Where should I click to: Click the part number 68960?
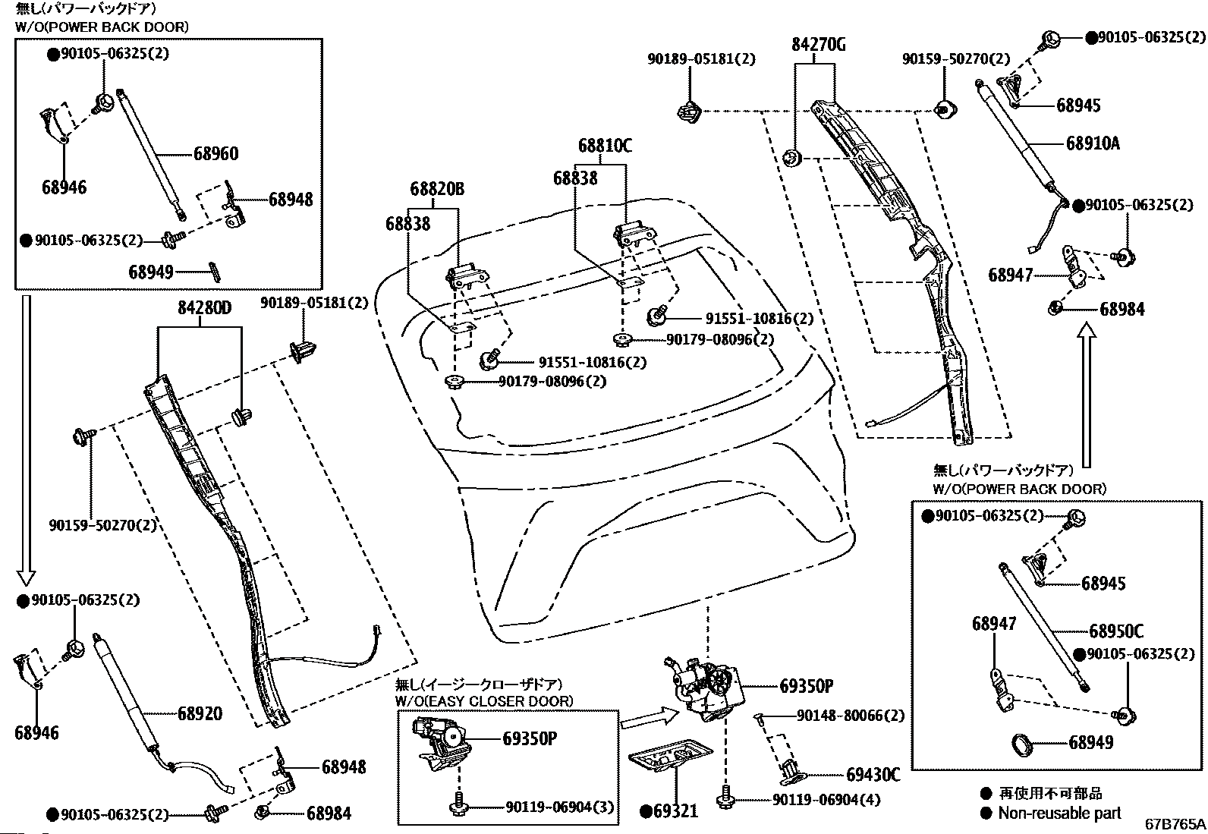pos(215,154)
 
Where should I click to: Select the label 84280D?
pos(204,308)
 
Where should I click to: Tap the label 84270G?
pos(818,44)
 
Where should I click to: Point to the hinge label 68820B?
pos(437,189)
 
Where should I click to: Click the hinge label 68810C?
pos(605,146)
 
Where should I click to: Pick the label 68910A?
pos(1093,143)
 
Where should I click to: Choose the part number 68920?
pos(200,713)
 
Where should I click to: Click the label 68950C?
pos(1115,631)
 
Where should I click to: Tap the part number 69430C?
pos(873,775)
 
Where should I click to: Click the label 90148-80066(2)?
pos(851,716)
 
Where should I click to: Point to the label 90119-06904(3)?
pos(560,807)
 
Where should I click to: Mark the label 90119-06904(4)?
pos(826,800)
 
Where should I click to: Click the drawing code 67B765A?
pos(1175,823)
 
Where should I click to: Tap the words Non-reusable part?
pos(1060,813)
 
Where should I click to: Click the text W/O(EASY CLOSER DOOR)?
pos(484,701)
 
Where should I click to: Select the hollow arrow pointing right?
pos(650,719)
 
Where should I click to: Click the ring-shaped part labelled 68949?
pos(1022,745)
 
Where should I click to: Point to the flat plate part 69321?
pos(670,757)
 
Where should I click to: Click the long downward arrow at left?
pos(27,440)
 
